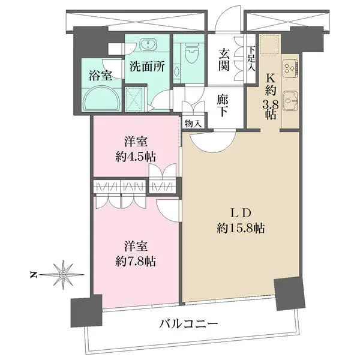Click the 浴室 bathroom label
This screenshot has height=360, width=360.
click(x=101, y=76)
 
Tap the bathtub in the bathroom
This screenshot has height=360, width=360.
click(x=101, y=99)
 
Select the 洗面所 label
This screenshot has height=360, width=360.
click(x=147, y=67)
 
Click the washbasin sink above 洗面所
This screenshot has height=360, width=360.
click(x=148, y=44)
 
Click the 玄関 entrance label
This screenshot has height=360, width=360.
click(x=224, y=61)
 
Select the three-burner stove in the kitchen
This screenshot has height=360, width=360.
click(x=290, y=68)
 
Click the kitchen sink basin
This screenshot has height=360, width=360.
click(x=290, y=101)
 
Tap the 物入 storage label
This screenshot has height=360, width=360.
click(x=193, y=124)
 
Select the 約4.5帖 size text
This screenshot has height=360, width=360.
click(x=136, y=157)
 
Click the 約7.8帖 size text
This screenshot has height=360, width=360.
click(x=136, y=261)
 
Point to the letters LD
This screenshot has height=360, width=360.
click(x=240, y=214)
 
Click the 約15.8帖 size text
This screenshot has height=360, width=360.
click(x=241, y=228)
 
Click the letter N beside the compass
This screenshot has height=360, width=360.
click(x=34, y=275)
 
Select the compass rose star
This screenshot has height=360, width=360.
click(x=62, y=275)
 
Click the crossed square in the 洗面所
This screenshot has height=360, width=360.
click(x=136, y=100)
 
